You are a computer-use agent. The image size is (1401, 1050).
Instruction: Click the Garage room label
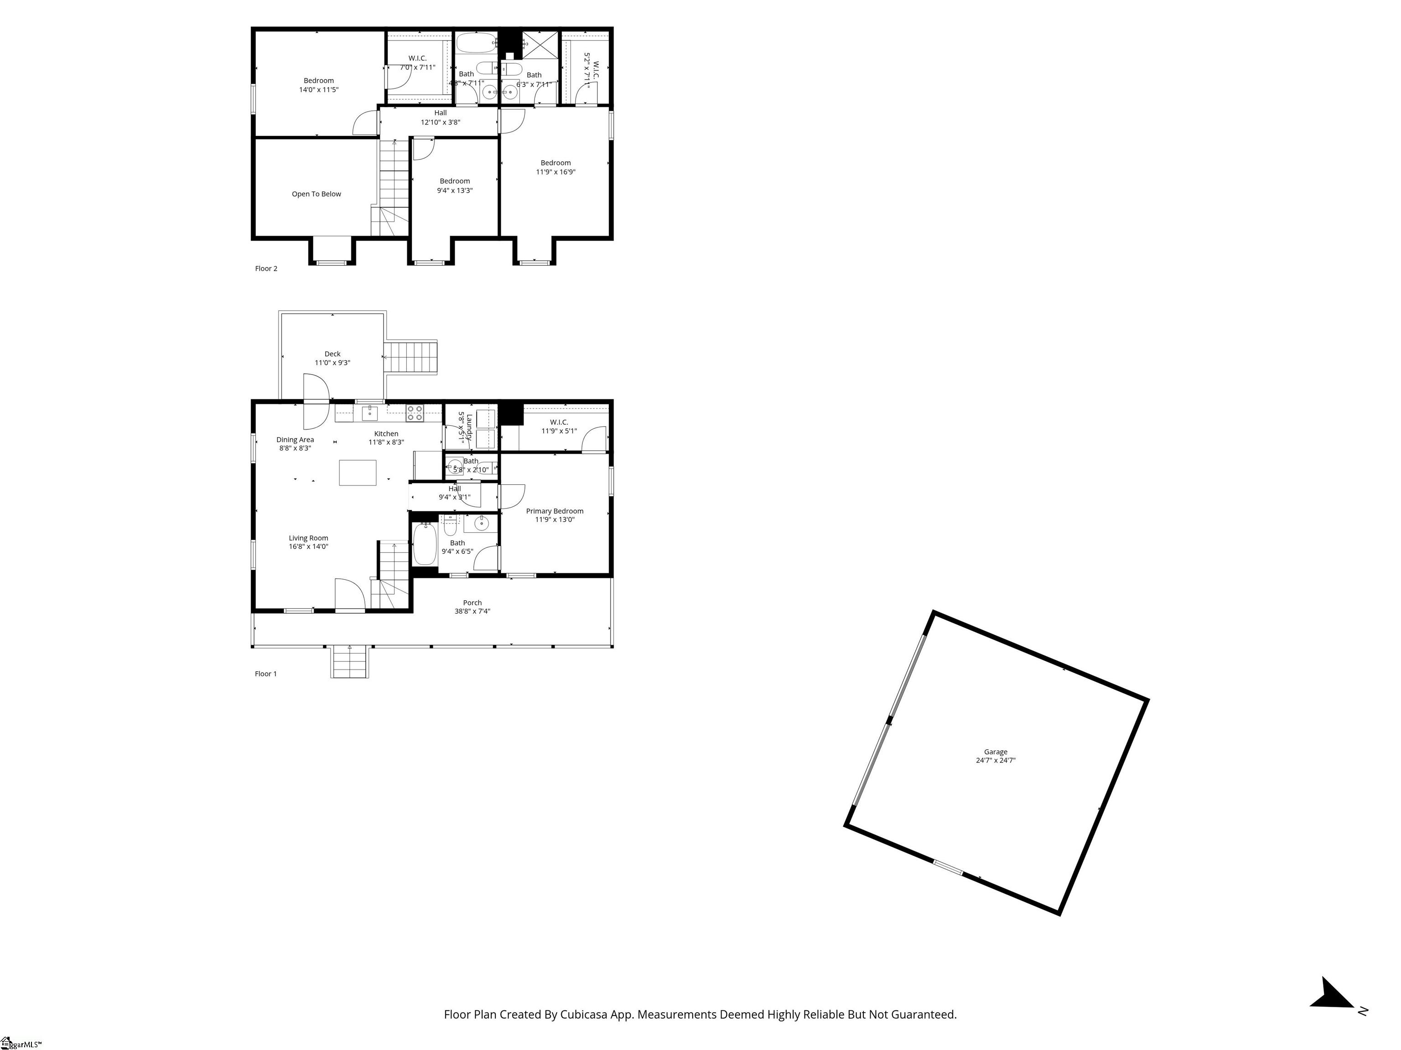(995, 752)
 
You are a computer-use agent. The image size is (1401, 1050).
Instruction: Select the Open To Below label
(316, 194)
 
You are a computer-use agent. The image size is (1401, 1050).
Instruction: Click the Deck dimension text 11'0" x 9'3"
(332, 363)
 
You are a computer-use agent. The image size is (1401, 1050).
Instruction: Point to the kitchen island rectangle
(357, 473)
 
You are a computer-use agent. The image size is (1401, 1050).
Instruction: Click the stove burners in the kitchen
(415, 413)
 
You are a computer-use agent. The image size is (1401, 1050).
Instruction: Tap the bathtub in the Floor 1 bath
(424, 544)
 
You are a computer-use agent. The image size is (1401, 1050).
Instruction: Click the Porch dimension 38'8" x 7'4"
(472, 612)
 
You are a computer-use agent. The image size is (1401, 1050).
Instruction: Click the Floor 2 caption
(266, 268)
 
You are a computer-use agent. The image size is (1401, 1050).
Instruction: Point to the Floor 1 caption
(265, 674)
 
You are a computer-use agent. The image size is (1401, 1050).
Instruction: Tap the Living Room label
(308, 538)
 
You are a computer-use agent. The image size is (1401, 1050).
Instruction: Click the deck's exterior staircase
(412, 358)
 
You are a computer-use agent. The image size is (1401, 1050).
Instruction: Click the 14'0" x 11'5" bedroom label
(319, 85)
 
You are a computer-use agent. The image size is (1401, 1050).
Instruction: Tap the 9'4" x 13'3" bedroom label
(455, 186)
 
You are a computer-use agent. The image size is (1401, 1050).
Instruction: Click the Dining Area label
(295, 440)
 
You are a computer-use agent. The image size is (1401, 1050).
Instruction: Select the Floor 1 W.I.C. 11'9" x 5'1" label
(559, 427)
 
